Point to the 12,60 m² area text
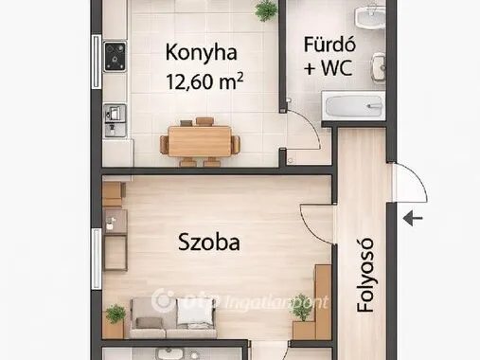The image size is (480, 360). (x=204, y=83)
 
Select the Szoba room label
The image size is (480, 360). (x=209, y=242)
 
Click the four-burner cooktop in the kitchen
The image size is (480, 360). (x=116, y=56)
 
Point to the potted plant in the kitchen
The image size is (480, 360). (x=267, y=10)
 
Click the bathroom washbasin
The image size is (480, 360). (x=365, y=17)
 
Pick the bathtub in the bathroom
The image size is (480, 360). (x=353, y=106)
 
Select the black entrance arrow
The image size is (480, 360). (x=414, y=219)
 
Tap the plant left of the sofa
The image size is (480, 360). (x=116, y=314)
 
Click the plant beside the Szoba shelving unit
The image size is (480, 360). (x=302, y=305)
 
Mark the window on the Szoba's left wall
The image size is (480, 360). (x=96, y=257)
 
